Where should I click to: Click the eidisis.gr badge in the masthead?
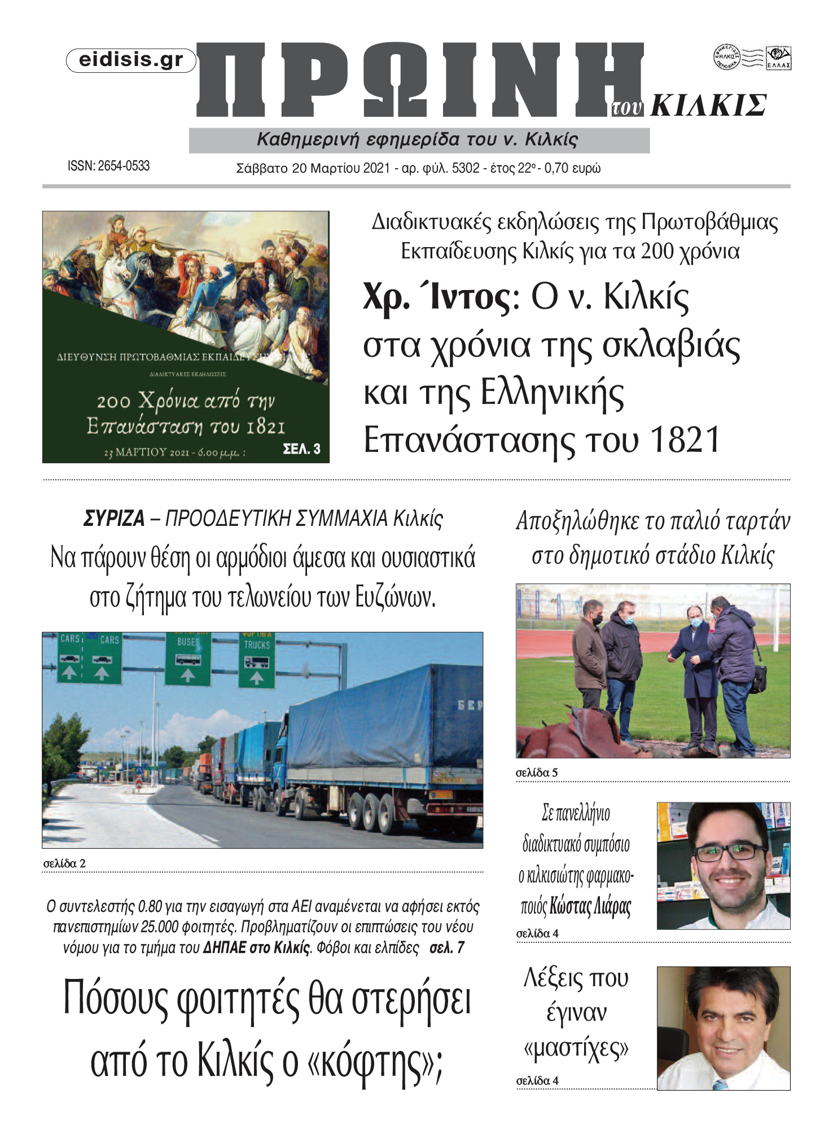click(x=131, y=60)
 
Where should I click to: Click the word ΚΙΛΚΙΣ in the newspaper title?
click(x=708, y=106)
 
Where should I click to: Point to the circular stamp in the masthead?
click(x=726, y=57)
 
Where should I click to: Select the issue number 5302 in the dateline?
click(x=466, y=168)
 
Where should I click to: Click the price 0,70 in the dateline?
click(x=556, y=168)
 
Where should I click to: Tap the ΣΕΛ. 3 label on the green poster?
click(x=301, y=449)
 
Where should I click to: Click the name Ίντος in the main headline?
click(x=470, y=297)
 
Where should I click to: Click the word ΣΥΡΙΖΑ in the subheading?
click(x=114, y=519)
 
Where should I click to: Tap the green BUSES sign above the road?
click(x=188, y=657)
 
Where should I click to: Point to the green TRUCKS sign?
click(x=257, y=659)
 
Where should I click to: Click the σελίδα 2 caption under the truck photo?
click(x=64, y=863)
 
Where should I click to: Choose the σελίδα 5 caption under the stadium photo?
click(x=537, y=772)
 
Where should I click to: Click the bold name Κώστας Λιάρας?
click(x=590, y=906)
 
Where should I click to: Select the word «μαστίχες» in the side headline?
click(x=576, y=1048)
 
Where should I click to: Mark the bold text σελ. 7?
click(x=447, y=947)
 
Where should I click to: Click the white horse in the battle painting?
click(x=131, y=271)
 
